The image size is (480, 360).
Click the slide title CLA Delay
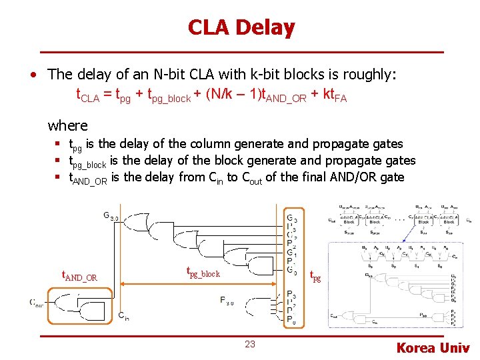[x=241, y=27]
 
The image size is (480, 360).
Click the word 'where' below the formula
[x=67, y=125]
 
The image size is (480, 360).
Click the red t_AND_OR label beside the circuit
[x=79, y=276]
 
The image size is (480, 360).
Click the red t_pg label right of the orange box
[x=315, y=276]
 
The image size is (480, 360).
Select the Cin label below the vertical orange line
[x=123, y=316]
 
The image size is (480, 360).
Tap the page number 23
[x=249, y=344]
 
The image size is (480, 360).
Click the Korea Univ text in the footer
[x=433, y=347]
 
